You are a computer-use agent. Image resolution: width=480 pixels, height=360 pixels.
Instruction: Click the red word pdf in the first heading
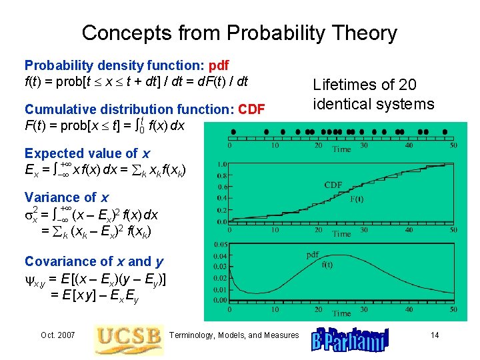tap(219, 65)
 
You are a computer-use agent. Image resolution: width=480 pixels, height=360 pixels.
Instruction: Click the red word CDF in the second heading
tap(252, 109)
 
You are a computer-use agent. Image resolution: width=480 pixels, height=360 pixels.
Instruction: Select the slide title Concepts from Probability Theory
tap(239, 33)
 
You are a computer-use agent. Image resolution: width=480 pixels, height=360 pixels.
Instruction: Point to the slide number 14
tap(435, 335)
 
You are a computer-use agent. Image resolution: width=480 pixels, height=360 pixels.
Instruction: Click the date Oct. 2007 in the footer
tap(57, 335)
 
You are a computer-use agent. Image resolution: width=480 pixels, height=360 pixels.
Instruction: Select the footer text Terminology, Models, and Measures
tap(235, 335)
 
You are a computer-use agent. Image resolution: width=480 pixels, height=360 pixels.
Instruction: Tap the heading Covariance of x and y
tap(94, 261)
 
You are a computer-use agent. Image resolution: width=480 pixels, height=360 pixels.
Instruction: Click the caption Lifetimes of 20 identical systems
tap(373, 95)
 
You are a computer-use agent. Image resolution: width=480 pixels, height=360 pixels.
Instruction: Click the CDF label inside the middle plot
tap(334, 185)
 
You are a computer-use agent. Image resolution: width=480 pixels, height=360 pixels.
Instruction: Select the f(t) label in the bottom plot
tap(327, 264)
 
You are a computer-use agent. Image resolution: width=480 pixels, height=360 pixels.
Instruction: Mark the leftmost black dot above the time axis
tap(233, 131)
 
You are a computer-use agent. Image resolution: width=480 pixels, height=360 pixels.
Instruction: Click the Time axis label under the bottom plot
tap(341, 313)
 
